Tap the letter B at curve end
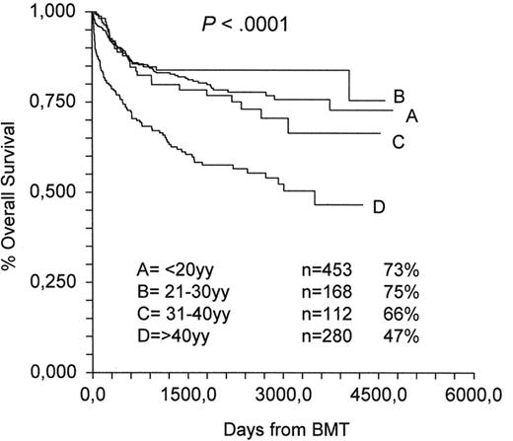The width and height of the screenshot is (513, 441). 399,97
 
